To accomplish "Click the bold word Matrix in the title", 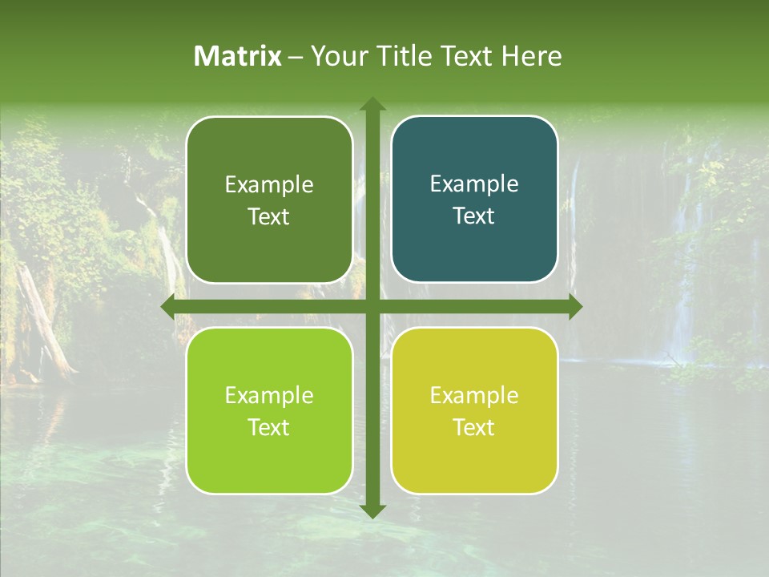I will (238, 56).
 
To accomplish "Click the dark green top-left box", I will (269, 200).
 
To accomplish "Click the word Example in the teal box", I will (474, 184).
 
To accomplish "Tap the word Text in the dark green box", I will (269, 217).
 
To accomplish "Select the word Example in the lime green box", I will (269, 395).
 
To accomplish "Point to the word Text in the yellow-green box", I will (474, 428).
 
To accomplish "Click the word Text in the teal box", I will (474, 216).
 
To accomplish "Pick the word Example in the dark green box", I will (269, 184).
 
